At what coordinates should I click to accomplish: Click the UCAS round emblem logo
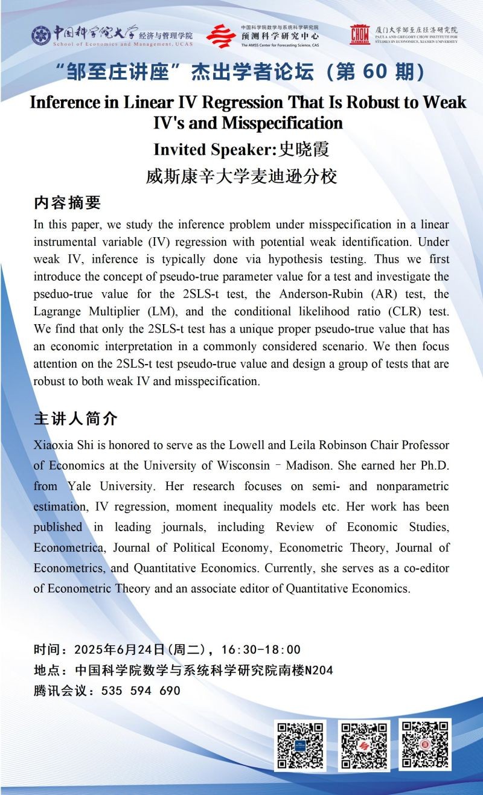click(41, 35)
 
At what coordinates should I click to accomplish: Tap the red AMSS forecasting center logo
click(221, 36)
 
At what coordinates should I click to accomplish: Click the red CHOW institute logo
click(360, 35)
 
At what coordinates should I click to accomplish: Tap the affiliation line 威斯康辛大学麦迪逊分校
click(241, 176)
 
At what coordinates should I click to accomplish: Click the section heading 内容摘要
click(67, 203)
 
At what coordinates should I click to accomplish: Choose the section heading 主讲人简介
click(75, 418)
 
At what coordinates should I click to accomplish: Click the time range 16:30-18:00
click(261, 650)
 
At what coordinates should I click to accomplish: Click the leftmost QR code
click(300, 745)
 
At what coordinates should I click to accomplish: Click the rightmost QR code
click(425, 745)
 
